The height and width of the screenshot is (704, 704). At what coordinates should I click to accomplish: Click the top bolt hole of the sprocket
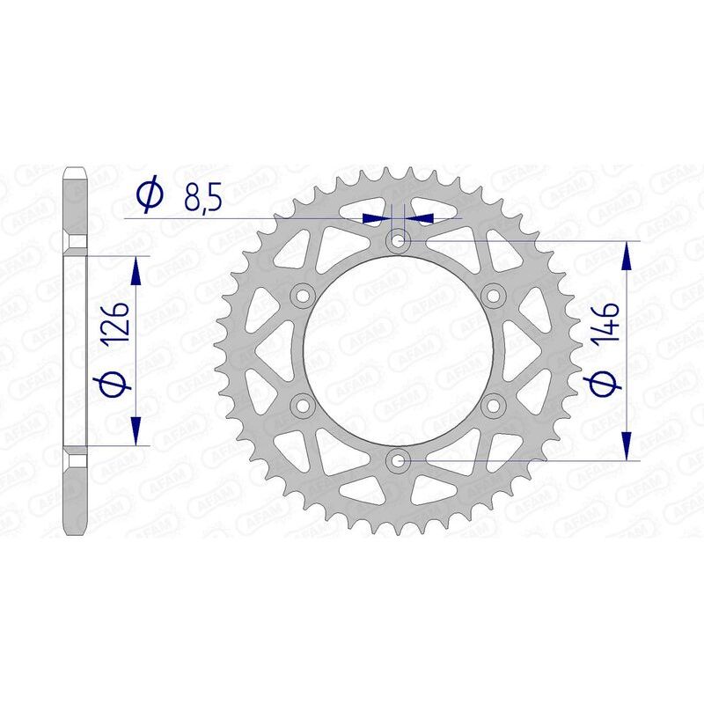pos(399,239)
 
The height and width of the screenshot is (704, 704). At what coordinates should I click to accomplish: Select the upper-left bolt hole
pos(304,294)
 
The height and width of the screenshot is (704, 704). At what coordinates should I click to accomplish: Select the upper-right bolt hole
pos(493,294)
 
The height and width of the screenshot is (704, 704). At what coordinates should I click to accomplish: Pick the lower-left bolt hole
pos(304,405)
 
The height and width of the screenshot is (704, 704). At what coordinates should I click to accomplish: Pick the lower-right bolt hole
pos(493,405)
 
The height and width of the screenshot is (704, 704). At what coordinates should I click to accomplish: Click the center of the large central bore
pos(399,349)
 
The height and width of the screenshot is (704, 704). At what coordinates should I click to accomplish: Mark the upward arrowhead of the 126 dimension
pos(136,271)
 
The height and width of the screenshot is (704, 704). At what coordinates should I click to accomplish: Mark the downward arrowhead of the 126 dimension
pos(136,431)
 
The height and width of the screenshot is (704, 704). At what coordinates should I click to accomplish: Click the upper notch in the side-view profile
pos(75,241)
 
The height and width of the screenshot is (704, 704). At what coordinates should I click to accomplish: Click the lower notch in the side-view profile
pos(75,459)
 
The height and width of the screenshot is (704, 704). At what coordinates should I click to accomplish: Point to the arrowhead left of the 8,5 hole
pos(377,216)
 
